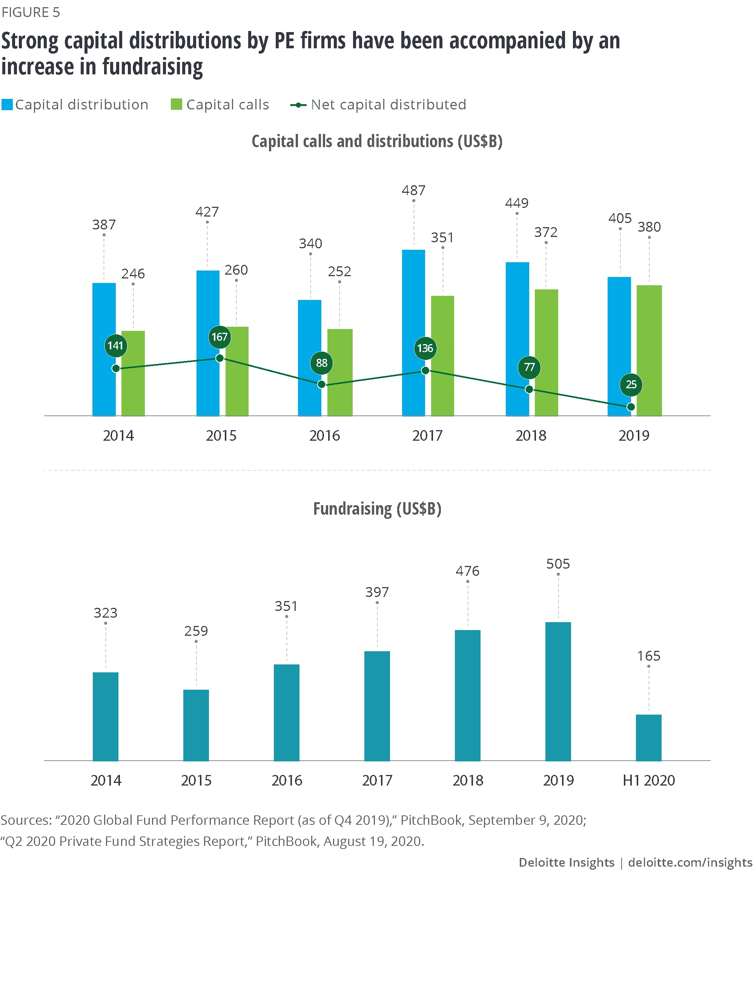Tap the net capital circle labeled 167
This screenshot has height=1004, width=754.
[x=220, y=337]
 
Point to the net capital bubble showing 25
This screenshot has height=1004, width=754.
[x=631, y=384]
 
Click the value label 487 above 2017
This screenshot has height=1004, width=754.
[x=413, y=190]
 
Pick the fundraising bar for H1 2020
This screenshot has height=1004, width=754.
[x=648, y=738]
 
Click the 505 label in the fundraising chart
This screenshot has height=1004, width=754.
[x=558, y=564]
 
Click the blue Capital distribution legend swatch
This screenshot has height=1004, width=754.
[x=7, y=105]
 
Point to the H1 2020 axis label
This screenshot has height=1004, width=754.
[x=648, y=780]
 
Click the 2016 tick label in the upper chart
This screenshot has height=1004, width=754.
[x=324, y=436]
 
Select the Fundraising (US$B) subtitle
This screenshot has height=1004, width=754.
[x=377, y=509]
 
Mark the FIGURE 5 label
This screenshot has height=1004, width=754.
[x=31, y=12]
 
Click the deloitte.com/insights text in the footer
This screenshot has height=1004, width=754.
[x=690, y=863]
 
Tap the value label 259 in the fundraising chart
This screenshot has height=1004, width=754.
[x=196, y=631]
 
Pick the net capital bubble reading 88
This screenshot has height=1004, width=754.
[x=322, y=363]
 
